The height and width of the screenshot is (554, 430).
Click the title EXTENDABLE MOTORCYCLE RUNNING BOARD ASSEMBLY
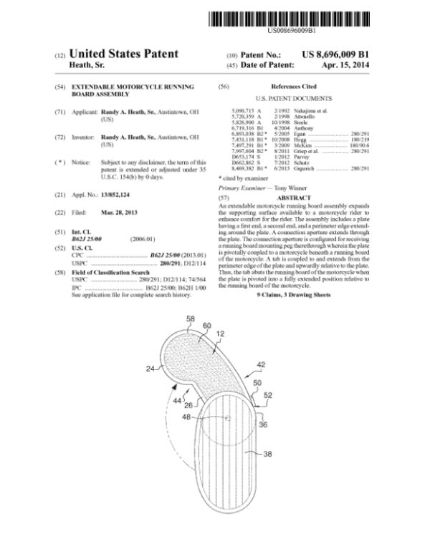[133, 89]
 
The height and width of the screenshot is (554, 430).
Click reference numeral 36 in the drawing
[263, 424]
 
